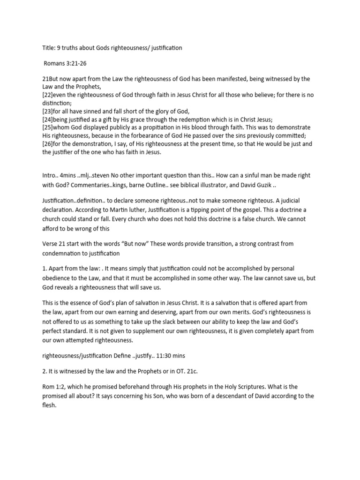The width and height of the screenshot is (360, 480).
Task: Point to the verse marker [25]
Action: click(49, 127)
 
